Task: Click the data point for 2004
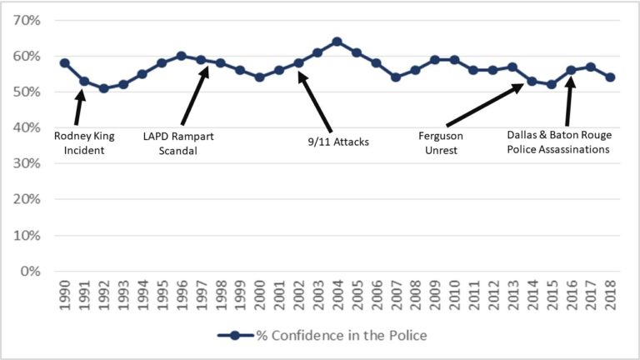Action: tap(337, 42)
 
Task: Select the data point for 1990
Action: tap(64, 63)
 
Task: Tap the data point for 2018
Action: tap(610, 77)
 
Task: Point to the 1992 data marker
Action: tap(103, 88)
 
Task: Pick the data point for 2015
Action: tap(552, 84)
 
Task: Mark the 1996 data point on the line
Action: tap(181, 56)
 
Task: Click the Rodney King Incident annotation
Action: tap(83, 142)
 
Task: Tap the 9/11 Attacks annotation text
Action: tap(338, 142)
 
